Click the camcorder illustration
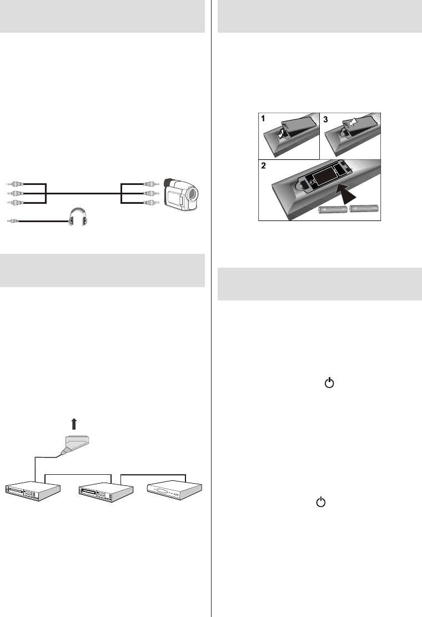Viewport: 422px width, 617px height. click(181, 195)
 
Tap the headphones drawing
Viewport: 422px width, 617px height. click(78, 217)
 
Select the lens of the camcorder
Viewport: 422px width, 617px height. click(193, 194)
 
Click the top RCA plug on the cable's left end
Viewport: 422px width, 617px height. click(16, 184)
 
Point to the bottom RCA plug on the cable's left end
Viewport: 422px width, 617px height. click(16, 203)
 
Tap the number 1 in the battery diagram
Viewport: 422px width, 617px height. click(263, 118)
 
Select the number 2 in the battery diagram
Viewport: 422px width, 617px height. click(264, 165)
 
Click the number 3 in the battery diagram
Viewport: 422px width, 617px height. click(325, 119)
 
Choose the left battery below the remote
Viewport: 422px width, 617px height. click(333, 210)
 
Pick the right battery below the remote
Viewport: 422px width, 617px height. click(364, 208)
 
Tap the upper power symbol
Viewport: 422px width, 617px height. click(329, 383)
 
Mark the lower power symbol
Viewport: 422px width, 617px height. click(321, 501)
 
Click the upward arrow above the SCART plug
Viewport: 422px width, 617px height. click(73, 424)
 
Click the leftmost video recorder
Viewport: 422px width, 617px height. click(33, 491)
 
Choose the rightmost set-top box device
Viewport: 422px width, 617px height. click(174, 490)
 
